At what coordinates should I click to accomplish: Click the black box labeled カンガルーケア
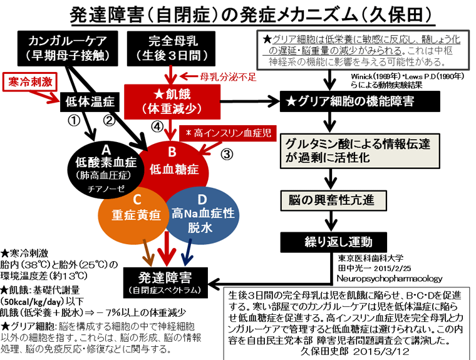tap(68, 48)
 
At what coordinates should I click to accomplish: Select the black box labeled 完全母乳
tap(171, 48)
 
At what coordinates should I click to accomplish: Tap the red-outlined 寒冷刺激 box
tap(30, 81)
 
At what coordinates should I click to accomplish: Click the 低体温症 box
tap(90, 101)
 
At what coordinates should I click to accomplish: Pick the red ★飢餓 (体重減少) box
tap(172, 101)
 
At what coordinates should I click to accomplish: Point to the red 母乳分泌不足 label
tap(228, 77)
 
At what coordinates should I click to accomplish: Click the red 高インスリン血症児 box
tap(228, 133)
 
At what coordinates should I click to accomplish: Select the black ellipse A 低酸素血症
tap(106, 170)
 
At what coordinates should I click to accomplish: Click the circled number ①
tap(74, 120)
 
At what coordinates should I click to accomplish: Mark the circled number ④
tap(157, 126)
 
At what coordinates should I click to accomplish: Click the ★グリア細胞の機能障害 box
tap(360, 101)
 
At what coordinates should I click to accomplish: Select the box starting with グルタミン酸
tap(360, 151)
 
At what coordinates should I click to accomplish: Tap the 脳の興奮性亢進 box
tap(333, 200)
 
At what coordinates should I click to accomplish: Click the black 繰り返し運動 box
tap(333, 242)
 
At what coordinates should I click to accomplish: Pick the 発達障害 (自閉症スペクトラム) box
tap(165, 282)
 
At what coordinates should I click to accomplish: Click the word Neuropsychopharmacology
tap(389, 279)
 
